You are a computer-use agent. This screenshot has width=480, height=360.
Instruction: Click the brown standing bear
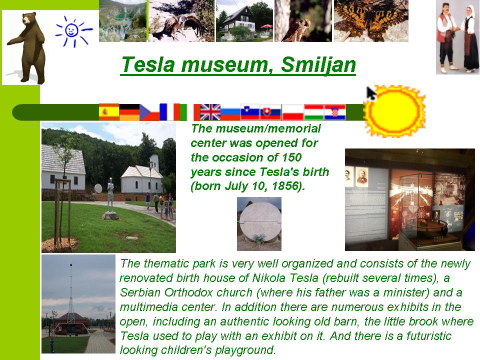[28, 47]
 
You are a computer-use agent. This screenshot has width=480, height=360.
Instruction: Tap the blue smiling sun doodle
[73, 31]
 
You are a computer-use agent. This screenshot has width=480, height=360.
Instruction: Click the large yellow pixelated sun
[395, 111]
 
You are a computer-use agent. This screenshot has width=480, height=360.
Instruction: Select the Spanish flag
[109, 112]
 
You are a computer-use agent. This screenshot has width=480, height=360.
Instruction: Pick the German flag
[129, 112]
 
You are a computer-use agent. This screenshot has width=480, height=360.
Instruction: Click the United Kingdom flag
[210, 112]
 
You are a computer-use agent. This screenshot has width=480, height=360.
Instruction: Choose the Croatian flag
[335, 112]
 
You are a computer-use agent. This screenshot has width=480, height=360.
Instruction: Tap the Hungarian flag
[314, 112]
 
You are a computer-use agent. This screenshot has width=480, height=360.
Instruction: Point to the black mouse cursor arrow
[371, 93]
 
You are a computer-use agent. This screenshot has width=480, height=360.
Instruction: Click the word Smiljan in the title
[318, 65]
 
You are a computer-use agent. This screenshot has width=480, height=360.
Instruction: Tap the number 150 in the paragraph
[291, 157]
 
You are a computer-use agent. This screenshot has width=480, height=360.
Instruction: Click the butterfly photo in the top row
[371, 21]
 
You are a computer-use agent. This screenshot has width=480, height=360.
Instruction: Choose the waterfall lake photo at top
[123, 21]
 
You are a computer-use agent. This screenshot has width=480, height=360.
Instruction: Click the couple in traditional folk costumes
[457, 37]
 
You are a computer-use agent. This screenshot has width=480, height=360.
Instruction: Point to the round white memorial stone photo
[259, 224]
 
